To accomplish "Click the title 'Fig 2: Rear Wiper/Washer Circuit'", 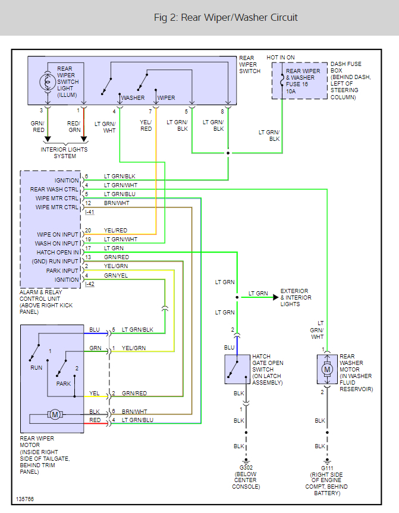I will tap(225, 17).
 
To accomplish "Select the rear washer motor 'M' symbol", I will tap(326, 370).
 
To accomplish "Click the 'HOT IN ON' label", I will tap(281, 57).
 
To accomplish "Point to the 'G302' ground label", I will tap(246, 468).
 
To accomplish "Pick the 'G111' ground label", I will tap(326, 468).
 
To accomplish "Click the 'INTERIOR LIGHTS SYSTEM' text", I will tap(64, 153).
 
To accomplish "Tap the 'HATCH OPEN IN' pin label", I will tap(57, 253).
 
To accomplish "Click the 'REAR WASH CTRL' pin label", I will tap(54, 190).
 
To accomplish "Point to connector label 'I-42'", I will tap(90, 284).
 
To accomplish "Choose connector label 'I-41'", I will tap(90, 212).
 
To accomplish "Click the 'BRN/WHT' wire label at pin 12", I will tap(117, 203).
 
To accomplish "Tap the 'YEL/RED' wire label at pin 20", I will tap(115, 231).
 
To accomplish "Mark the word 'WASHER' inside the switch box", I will tap(133, 97).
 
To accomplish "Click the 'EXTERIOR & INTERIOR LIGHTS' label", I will tap(295, 298).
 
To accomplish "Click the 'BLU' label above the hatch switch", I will tap(229, 347).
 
